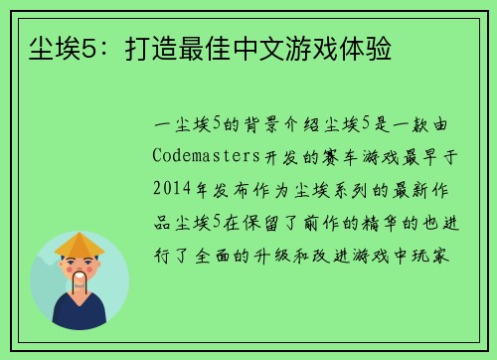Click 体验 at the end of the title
coord(368,47)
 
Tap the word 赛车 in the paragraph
coord(320,156)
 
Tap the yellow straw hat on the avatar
coord(80,243)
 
